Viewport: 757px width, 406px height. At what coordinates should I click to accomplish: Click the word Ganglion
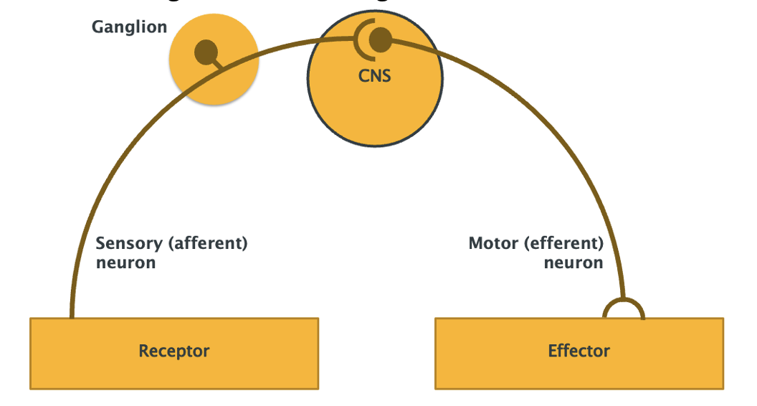point(129,28)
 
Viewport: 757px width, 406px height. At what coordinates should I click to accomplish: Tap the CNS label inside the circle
point(375,75)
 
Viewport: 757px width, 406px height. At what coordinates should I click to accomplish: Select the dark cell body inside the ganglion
point(206,50)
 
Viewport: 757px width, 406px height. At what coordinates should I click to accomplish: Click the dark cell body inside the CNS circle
point(381,39)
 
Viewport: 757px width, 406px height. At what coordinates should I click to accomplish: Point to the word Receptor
point(173,351)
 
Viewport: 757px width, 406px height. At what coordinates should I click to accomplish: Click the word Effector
point(579,351)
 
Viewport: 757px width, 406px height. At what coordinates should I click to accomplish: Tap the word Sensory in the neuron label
point(129,244)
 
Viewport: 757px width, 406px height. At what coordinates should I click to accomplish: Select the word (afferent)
point(208,244)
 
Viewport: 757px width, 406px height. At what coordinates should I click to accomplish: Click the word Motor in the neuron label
point(493,244)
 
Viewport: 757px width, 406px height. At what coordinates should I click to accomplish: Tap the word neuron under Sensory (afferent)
point(125,263)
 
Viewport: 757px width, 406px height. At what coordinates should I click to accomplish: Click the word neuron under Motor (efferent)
point(573,263)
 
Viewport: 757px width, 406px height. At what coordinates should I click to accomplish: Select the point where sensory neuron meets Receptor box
point(72,316)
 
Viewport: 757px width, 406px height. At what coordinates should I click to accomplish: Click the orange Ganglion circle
point(215,82)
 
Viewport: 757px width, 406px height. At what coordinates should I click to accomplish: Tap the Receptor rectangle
point(86,366)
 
